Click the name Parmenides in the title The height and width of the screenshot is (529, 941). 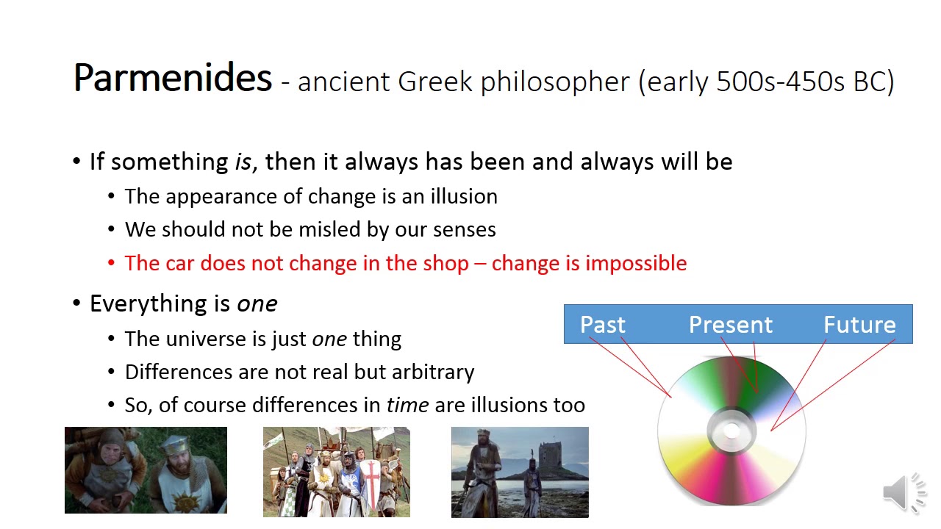click(173, 78)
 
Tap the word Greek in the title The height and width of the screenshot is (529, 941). click(434, 81)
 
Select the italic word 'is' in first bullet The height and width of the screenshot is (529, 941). click(243, 162)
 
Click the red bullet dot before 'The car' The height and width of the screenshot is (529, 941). click(111, 263)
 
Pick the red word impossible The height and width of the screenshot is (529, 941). click(637, 264)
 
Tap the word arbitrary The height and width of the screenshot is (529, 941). click(433, 373)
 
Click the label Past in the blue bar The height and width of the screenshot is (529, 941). click(602, 325)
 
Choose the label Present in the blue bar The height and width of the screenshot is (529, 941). click(731, 325)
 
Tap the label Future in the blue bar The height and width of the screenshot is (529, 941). click(859, 325)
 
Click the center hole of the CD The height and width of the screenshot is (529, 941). click(731, 431)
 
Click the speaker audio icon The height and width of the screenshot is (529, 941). click(904, 492)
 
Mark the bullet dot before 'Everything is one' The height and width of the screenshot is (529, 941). click(76, 303)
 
